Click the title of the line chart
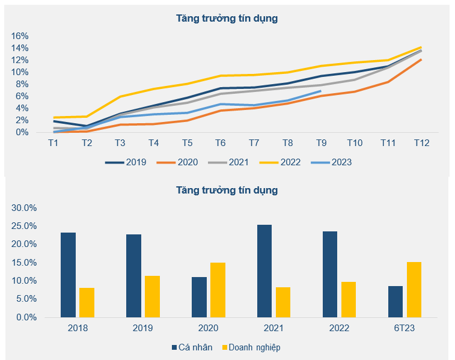[227, 19]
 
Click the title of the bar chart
[227, 191]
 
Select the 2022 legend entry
[284, 162]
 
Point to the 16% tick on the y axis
[20, 35]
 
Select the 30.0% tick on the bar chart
[24, 208]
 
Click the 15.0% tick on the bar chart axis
[24, 263]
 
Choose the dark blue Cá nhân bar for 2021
[264, 271]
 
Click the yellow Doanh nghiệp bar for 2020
[218, 290]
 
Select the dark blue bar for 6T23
[395, 302]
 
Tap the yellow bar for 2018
[87, 302]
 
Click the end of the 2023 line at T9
[320, 91]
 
